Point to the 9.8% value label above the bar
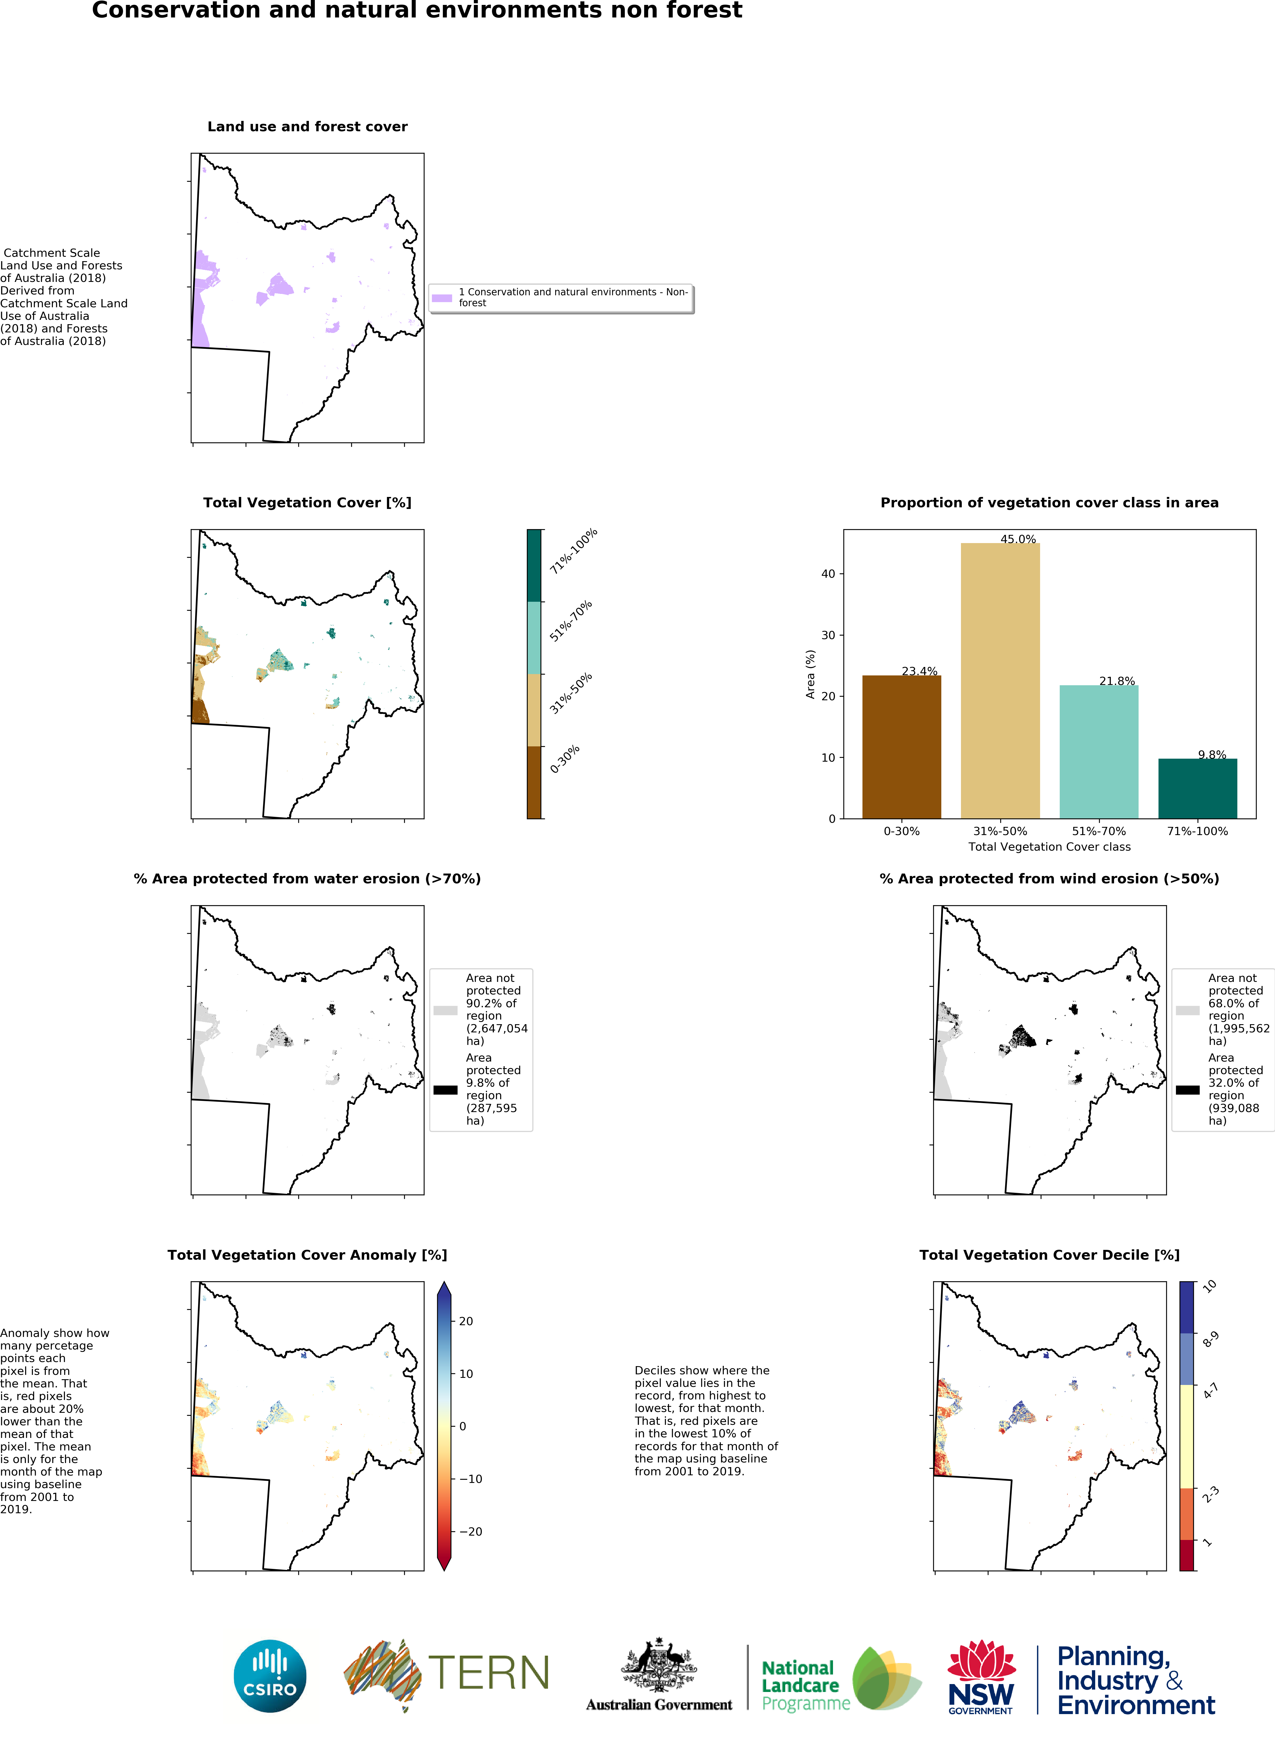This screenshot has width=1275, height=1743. click(x=1212, y=755)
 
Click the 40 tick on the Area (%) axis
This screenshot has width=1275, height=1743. click(x=828, y=574)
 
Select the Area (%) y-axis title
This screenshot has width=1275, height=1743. click(x=810, y=674)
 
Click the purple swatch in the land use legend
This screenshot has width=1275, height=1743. click(x=441, y=298)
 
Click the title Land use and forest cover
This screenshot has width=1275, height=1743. click(x=307, y=127)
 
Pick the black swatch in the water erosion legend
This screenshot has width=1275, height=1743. click(x=445, y=1090)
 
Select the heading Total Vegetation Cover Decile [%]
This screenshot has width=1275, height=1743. click(x=1049, y=1255)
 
